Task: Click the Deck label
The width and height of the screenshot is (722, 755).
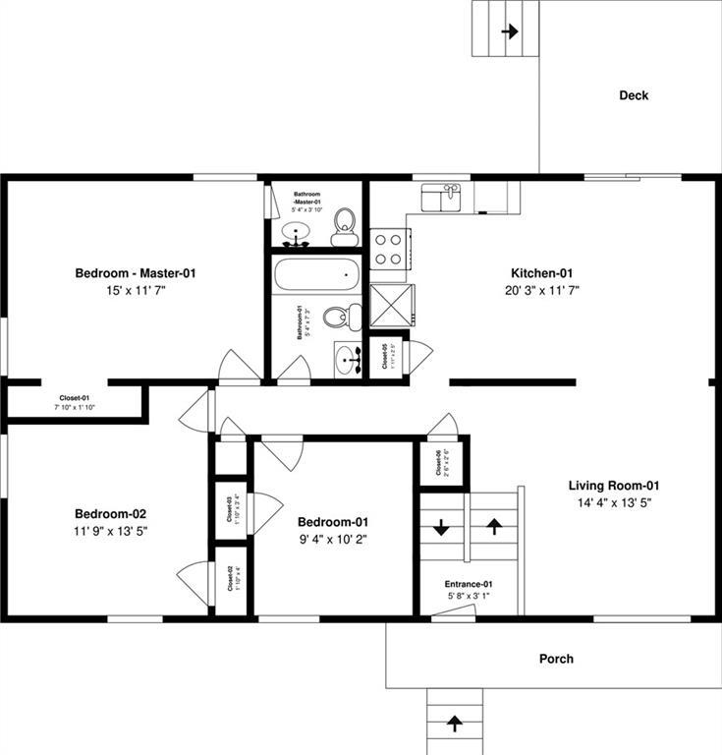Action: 633,95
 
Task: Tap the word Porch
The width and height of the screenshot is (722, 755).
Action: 555,659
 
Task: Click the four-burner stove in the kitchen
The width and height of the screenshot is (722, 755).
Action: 389,249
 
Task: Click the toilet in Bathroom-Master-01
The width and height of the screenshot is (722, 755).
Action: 344,226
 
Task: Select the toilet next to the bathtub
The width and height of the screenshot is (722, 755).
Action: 339,317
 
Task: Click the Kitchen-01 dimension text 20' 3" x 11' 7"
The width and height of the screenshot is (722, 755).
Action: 540,291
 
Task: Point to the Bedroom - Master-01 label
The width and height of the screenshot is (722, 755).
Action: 136,272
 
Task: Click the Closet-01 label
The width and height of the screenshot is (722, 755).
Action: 74,398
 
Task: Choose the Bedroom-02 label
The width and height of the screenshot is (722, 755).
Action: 111,513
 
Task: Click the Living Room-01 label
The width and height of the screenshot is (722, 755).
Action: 613,485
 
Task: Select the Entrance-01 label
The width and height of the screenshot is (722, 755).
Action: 468,584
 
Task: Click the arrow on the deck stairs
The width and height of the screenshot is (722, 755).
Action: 509,31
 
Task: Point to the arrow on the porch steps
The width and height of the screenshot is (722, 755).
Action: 455,724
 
